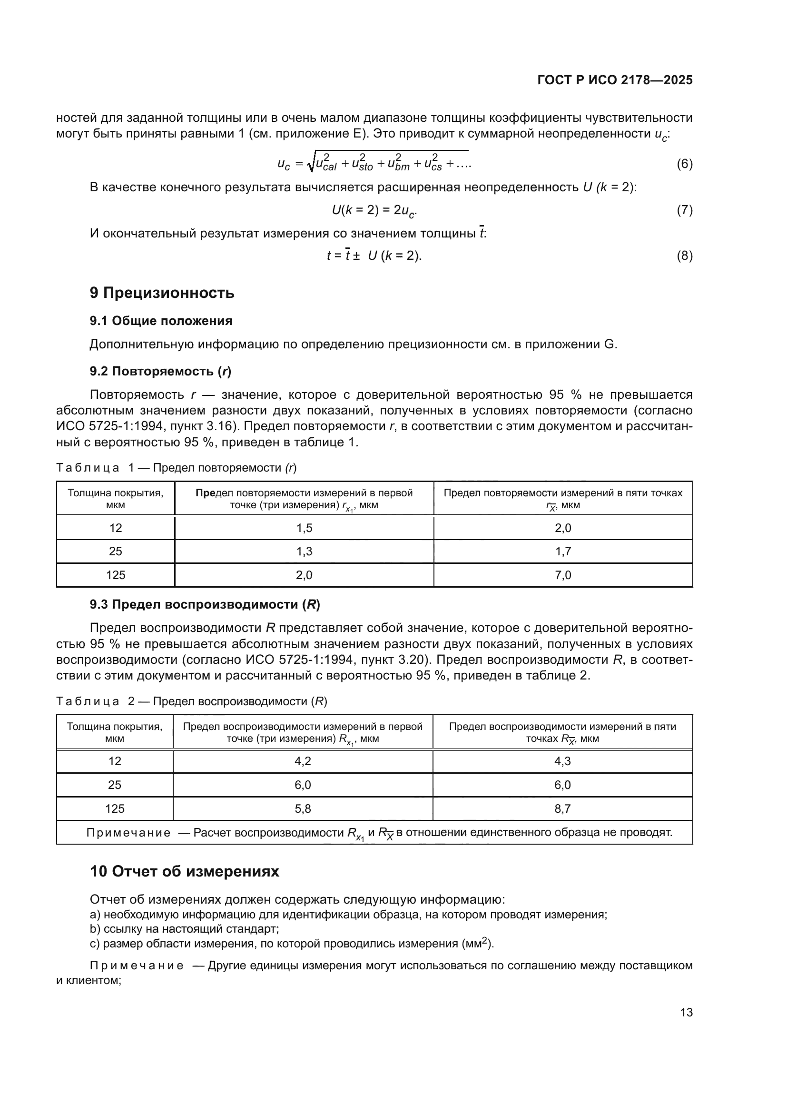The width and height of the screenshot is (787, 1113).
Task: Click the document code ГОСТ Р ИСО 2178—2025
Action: [614, 80]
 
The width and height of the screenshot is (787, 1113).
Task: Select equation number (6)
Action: [684, 164]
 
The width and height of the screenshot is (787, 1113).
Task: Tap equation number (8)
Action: [684, 256]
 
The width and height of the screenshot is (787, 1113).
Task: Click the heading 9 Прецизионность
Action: [162, 293]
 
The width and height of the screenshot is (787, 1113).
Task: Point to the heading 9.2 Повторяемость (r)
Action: [160, 371]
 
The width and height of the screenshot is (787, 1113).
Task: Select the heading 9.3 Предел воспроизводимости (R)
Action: [205, 604]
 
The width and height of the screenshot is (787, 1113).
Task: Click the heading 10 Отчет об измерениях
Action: [184, 872]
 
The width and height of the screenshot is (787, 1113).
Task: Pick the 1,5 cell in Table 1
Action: [304, 528]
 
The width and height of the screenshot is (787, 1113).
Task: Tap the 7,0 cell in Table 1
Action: [562, 575]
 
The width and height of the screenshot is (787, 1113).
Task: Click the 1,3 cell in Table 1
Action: [304, 551]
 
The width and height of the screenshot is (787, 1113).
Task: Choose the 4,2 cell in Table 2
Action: [303, 761]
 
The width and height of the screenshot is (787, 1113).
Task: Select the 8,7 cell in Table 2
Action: [562, 808]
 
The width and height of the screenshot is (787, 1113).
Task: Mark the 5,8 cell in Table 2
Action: [303, 808]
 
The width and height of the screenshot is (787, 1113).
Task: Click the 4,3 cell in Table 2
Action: [562, 761]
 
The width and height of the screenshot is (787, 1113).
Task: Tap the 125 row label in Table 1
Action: [115, 575]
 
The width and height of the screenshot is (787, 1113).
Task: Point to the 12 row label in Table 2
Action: [114, 761]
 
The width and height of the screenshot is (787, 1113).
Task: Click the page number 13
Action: [686, 1012]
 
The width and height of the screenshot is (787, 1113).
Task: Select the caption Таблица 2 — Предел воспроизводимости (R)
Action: [192, 701]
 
